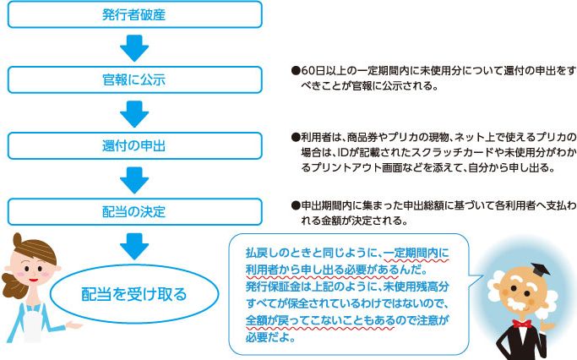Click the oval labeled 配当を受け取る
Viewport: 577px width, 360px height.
tap(135, 294)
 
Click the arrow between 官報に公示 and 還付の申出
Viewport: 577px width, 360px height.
tap(134, 112)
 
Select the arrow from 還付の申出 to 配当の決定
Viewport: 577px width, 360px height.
tap(134, 177)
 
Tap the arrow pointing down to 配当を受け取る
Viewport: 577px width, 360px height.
tap(134, 244)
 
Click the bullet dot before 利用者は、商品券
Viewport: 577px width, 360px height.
tap(295, 137)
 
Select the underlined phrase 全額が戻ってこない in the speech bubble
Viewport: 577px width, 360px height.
tap(295, 320)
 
